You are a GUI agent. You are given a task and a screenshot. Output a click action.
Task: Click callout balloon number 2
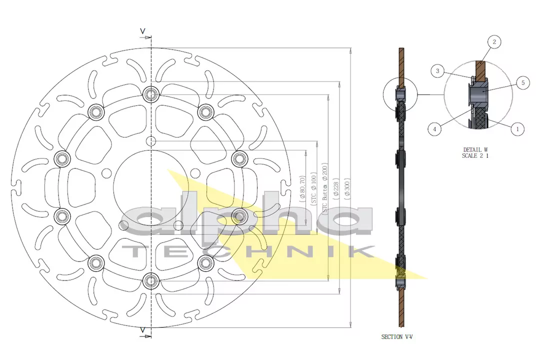(494, 42)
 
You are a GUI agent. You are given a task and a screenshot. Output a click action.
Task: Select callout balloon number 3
(437, 71)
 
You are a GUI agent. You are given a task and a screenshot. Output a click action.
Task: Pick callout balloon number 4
(434, 129)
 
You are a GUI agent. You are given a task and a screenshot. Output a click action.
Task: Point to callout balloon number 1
(517, 129)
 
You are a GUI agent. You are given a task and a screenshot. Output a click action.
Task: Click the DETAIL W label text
(475, 149)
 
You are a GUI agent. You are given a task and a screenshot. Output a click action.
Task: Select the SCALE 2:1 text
(475, 156)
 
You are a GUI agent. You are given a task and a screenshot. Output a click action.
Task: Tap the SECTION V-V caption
(397, 337)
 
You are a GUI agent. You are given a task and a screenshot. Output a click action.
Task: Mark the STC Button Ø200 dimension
(324, 188)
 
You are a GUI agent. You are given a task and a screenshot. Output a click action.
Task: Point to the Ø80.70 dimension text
(303, 188)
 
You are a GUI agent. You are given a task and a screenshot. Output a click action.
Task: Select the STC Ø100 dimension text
(313, 188)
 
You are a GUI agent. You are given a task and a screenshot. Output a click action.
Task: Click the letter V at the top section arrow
(142, 31)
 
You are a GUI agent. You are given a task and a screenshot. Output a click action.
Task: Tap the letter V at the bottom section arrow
(142, 330)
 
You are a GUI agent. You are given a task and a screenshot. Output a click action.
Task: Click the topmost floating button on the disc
(150, 93)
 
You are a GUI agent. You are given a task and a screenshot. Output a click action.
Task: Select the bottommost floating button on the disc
(150, 281)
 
